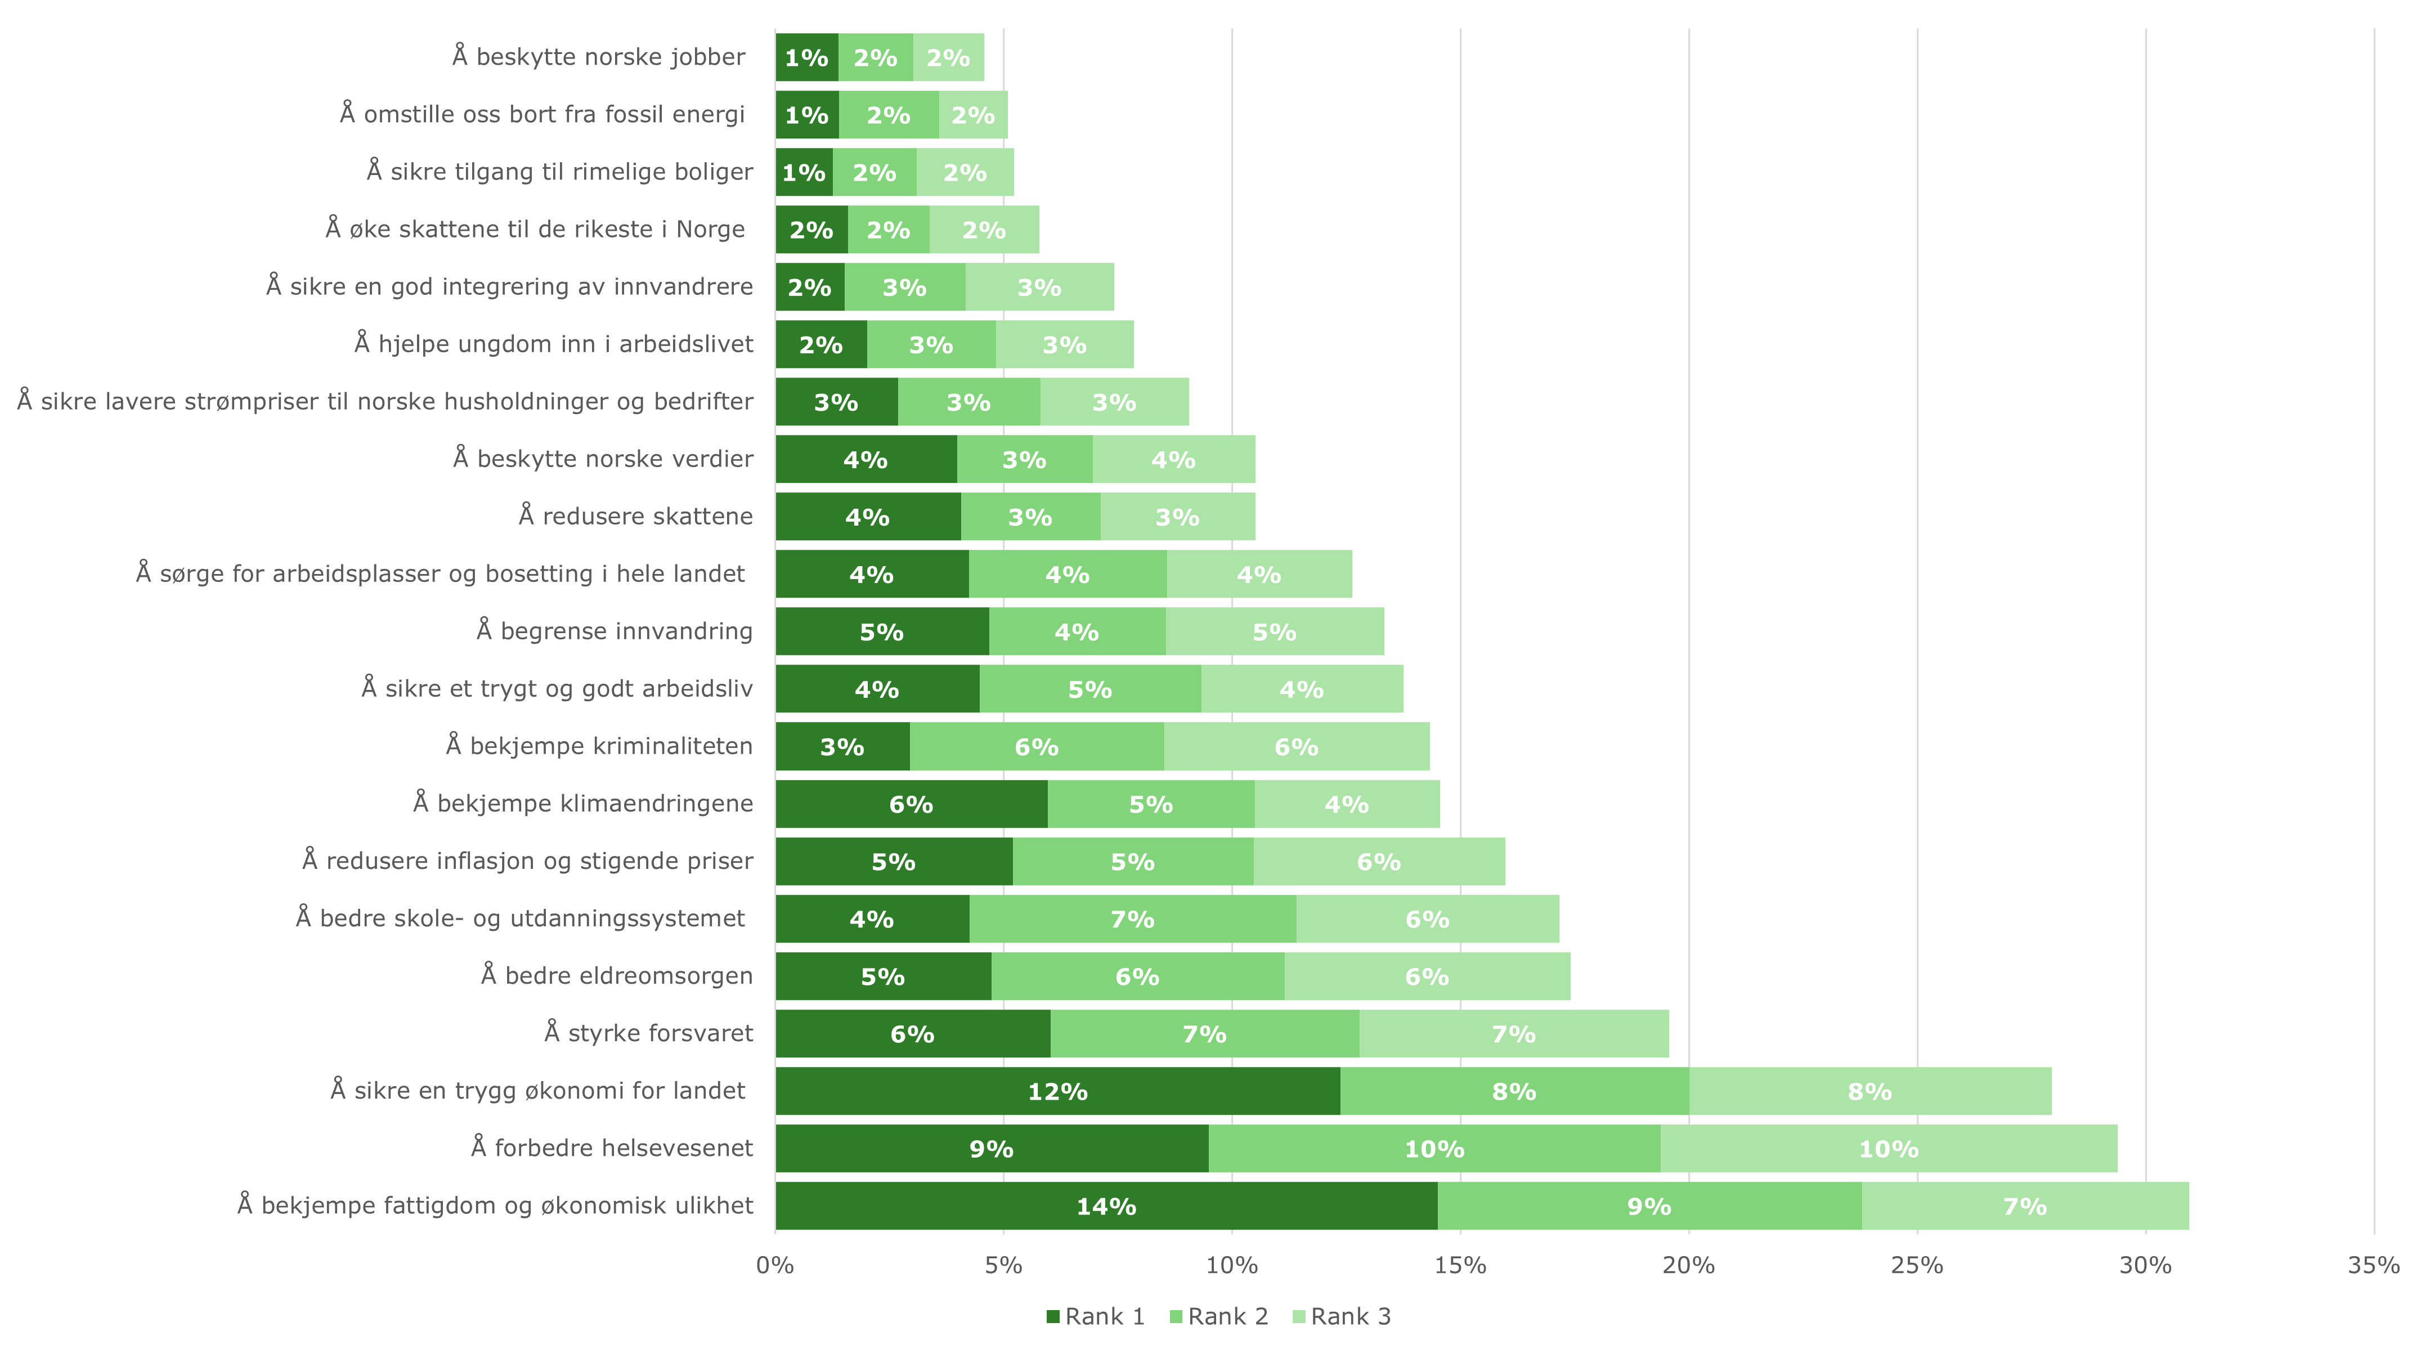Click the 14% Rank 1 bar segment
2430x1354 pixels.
point(1106,1206)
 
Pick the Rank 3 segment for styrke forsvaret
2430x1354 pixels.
point(1513,1034)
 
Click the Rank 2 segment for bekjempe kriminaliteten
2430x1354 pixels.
point(1036,746)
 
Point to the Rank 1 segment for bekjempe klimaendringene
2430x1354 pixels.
point(911,804)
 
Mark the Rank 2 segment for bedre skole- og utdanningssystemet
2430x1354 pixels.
point(1132,919)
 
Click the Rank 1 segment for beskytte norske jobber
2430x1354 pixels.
point(806,57)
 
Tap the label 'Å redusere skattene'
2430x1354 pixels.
point(636,516)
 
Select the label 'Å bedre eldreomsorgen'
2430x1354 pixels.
point(617,976)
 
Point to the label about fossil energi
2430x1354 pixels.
point(543,114)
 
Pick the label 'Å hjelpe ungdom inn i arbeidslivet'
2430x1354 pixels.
point(554,343)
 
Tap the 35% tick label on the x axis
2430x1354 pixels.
point(2373,1265)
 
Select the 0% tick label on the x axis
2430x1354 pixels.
point(775,1265)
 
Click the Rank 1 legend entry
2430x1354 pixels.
point(1096,1316)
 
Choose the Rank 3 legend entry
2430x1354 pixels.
point(1342,1316)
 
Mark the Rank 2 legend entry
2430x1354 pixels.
point(1219,1316)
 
